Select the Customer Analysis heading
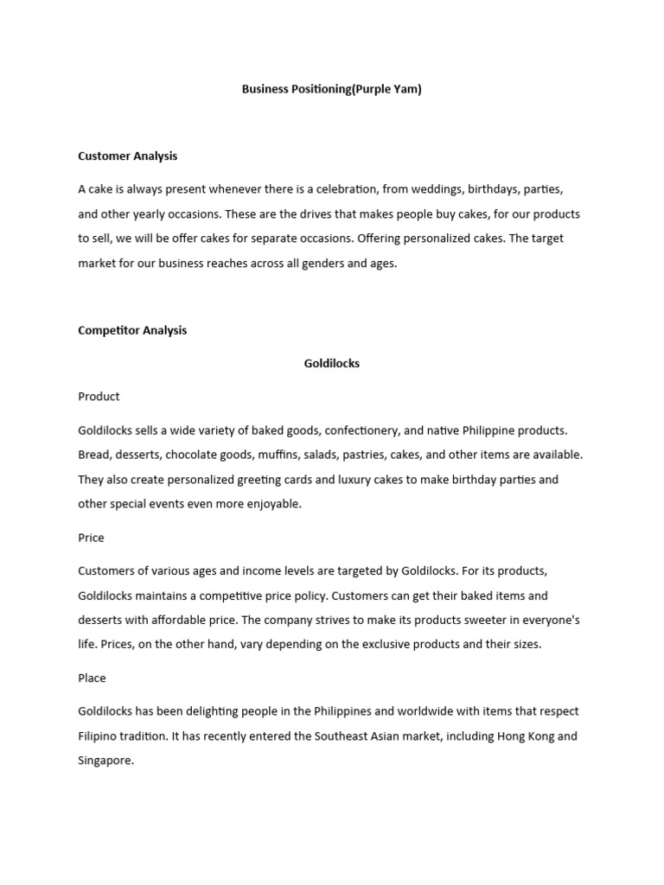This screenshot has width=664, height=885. [x=127, y=156]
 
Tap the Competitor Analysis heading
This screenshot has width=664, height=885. [x=132, y=330]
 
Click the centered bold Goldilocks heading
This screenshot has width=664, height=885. [x=331, y=364]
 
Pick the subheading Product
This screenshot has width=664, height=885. [x=99, y=397]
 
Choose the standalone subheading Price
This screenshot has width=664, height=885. [x=91, y=538]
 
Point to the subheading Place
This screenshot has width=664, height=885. [x=92, y=678]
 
